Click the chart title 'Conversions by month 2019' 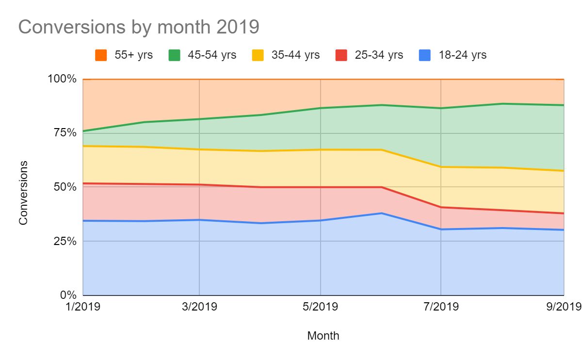pos(139,27)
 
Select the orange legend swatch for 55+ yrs pos(101,55)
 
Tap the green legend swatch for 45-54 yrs pos(175,55)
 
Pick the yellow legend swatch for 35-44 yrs pos(258,55)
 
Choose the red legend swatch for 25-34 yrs pos(341,55)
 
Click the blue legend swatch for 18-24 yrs pos(425,55)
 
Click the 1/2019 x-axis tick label pos(83,308)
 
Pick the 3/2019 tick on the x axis pos(199,308)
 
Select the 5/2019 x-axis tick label pos(320,308)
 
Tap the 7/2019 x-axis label pos(440,308)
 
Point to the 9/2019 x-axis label pos(563,308)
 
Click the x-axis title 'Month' pos(323,336)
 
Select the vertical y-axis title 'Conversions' pos(23,193)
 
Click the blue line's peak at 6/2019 pos(382,213)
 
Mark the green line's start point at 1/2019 pos(83,131)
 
